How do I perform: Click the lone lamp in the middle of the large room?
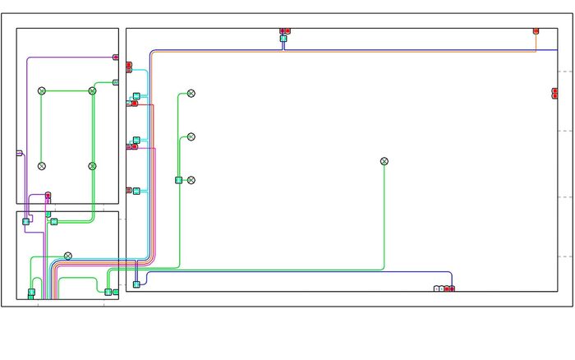(384, 161)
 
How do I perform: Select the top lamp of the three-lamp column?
(191, 94)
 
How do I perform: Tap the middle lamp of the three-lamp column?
(191, 136)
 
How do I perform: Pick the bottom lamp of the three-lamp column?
(191, 180)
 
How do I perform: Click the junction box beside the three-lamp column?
(178, 180)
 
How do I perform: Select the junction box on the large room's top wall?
(283, 39)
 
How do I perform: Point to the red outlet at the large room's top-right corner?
(536, 30)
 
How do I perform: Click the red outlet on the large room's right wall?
(555, 94)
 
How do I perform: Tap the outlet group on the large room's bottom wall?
(444, 289)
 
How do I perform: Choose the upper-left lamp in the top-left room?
(42, 90)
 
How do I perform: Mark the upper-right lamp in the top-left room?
(92, 90)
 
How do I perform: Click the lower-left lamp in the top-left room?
(42, 166)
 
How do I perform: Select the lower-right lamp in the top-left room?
(92, 166)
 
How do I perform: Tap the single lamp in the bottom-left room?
(68, 256)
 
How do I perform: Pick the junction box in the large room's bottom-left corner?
(136, 284)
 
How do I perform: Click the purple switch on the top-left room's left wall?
(19, 153)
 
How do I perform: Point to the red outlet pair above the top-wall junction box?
(285, 31)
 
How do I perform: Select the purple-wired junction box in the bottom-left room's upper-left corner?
(26, 221)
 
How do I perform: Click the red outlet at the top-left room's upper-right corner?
(116, 58)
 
